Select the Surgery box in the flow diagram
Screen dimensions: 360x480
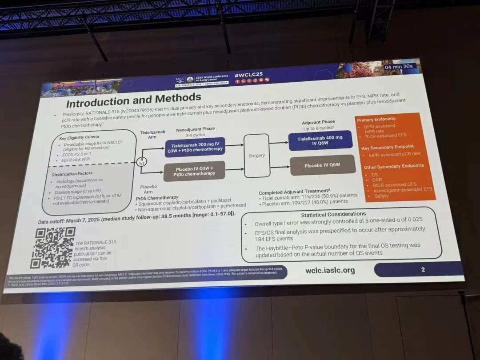(257, 156)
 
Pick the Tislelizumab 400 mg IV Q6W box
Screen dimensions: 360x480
(320, 141)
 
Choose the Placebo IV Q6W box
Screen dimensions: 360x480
(322, 165)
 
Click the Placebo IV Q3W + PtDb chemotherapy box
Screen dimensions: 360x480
(194, 171)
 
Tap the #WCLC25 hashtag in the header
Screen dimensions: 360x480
(248, 75)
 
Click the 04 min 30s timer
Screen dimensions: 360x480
(399, 67)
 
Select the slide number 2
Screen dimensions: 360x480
(423, 269)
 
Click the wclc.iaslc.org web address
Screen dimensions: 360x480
(330, 270)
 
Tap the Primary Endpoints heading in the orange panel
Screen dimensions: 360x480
(376, 119)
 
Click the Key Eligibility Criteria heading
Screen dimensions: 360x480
(79, 137)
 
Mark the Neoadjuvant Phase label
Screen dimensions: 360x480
(196, 129)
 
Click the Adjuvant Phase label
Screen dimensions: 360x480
(318, 122)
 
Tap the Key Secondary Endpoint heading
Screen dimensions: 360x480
(387, 147)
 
